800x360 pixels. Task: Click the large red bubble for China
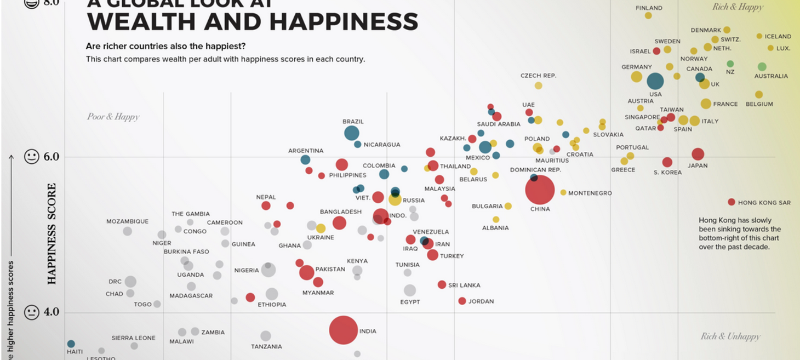pyautogui.click(x=540, y=190)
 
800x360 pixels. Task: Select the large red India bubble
pyautogui.click(x=343, y=330)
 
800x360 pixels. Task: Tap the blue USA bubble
pyautogui.click(x=655, y=81)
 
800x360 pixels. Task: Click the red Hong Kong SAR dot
pyautogui.click(x=731, y=202)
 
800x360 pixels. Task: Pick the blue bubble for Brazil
pyautogui.click(x=352, y=133)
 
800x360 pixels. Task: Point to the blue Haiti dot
pyautogui.click(x=71, y=344)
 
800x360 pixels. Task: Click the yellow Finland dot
pyautogui.click(x=648, y=16)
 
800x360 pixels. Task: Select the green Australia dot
pyautogui.click(x=762, y=67)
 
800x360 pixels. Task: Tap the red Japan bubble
pyautogui.click(x=698, y=154)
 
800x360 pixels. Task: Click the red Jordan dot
pyautogui.click(x=462, y=301)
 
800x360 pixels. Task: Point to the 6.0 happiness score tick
pyautogui.click(x=50, y=157)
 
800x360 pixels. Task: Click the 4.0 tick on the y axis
pyautogui.click(x=50, y=312)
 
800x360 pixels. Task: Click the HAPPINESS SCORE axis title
pyautogui.click(x=52, y=234)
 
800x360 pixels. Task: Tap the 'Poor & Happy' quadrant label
pyautogui.click(x=113, y=117)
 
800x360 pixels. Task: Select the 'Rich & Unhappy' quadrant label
pyautogui.click(x=730, y=336)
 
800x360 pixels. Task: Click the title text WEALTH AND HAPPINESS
pyautogui.click(x=253, y=22)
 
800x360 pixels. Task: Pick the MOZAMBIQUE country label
pyautogui.click(x=127, y=221)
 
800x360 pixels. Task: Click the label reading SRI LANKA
pyautogui.click(x=464, y=285)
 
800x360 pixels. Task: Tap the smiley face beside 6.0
pyautogui.click(x=32, y=157)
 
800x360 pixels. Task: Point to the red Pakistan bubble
pyautogui.click(x=307, y=272)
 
